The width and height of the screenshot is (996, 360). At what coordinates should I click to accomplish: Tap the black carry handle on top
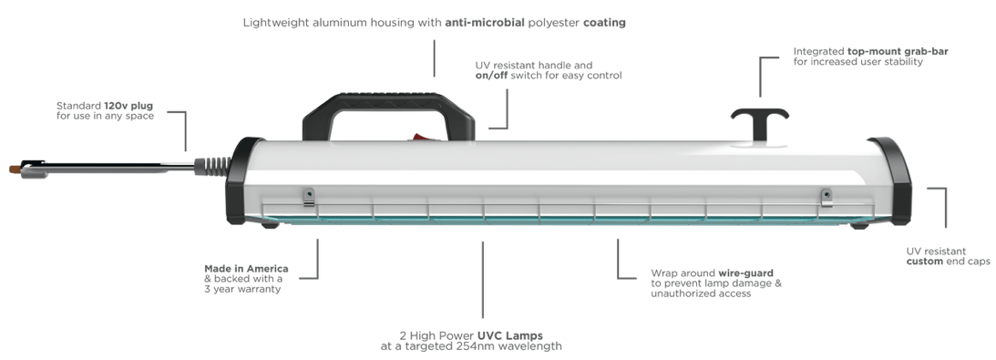[387, 101]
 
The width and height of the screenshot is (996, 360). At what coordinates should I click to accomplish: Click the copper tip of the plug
[15, 169]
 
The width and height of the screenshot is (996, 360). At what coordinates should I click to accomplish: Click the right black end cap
[892, 181]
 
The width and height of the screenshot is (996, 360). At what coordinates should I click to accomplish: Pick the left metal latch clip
[309, 197]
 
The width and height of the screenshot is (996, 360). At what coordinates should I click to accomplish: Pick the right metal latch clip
[827, 197]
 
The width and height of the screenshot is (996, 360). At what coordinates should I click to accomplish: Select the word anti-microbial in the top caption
[485, 23]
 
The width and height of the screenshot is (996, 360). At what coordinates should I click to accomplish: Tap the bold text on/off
[491, 76]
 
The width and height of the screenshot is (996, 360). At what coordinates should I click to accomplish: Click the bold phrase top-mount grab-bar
[898, 51]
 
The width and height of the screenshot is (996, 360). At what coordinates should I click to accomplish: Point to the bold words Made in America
[246, 269]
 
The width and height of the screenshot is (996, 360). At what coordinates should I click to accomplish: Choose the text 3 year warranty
[242, 290]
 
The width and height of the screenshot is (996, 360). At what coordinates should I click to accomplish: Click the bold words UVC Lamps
[510, 335]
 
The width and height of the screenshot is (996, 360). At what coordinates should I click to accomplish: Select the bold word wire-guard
[745, 273]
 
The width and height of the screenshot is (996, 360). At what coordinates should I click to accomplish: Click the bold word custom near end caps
[925, 262]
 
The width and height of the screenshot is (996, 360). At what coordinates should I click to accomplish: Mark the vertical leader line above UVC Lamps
[483, 280]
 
